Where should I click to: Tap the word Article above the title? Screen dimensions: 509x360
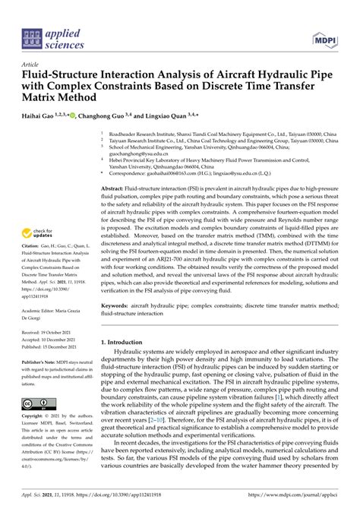coord(32,65)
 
